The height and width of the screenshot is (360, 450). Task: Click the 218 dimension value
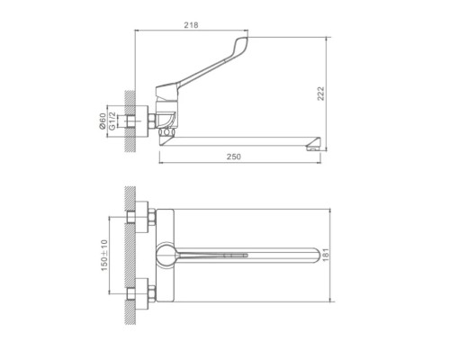tap(191, 25)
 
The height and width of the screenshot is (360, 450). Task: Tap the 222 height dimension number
tap(320, 94)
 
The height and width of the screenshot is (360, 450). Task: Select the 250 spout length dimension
tap(234, 157)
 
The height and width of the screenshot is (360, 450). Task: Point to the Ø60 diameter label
tap(103, 121)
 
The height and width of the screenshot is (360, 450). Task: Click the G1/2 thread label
tap(112, 121)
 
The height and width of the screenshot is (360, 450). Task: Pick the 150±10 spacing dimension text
tap(104, 256)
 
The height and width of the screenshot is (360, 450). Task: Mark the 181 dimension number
tap(326, 255)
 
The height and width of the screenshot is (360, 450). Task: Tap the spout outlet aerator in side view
tap(313, 148)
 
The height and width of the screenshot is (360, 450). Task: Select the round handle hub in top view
tap(166, 255)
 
